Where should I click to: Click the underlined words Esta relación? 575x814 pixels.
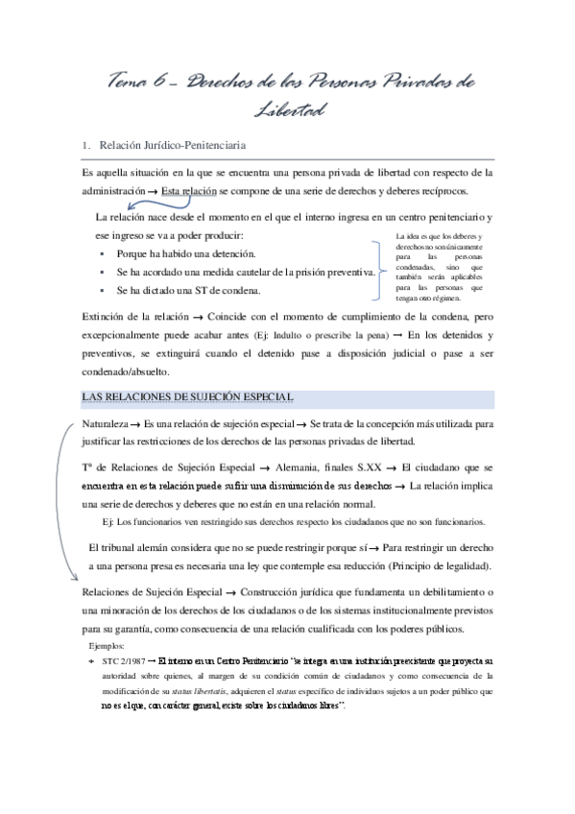pos(189,191)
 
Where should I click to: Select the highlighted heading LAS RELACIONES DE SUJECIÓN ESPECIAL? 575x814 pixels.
pos(189,397)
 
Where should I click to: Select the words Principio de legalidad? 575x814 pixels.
pos(434,564)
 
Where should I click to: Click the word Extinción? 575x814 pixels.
pos(108,316)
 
